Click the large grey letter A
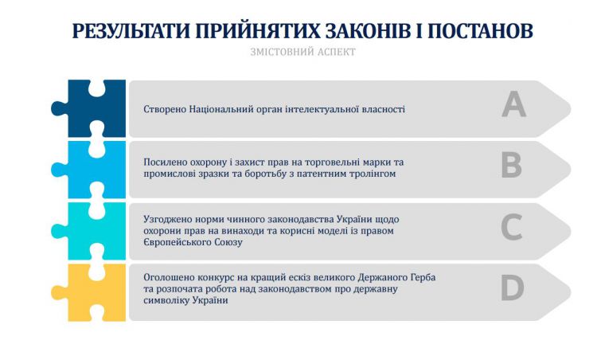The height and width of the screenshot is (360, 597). click(513, 104)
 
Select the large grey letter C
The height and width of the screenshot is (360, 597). click(512, 227)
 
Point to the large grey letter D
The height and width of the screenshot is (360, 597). click(512, 288)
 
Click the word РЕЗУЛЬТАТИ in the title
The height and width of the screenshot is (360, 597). click(131, 31)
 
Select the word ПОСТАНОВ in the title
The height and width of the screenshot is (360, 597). click(480, 31)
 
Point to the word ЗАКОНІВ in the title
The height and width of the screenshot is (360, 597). click(368, 31)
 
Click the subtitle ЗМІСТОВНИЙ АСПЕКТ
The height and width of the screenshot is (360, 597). click(303, 52)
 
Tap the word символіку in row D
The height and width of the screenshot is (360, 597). click(166, 300)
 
